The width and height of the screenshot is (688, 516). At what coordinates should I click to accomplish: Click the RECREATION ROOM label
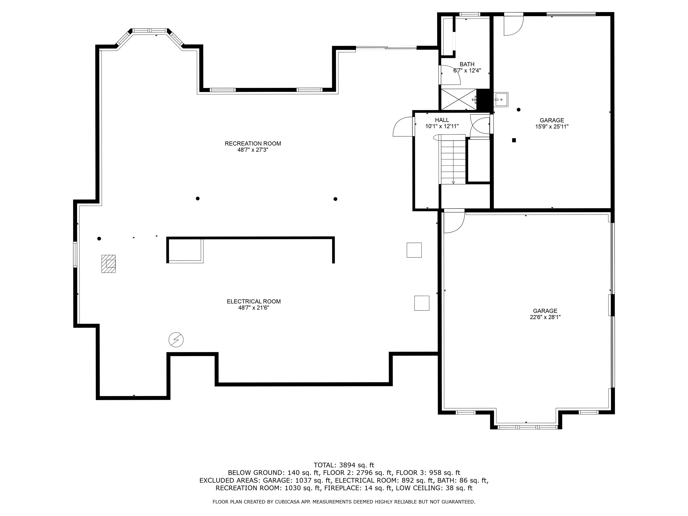(253, 143)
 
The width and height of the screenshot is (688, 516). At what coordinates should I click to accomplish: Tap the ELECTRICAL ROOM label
(254, 301)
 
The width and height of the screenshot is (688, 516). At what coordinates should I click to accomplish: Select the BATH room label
(467, 64)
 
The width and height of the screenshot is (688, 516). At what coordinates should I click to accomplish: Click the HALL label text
(442, 120)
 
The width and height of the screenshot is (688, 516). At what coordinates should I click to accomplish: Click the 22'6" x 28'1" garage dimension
(545, 317)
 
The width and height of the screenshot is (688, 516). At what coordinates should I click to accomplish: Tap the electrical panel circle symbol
(176, 340)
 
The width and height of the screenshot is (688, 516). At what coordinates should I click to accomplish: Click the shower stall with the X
(459, 99)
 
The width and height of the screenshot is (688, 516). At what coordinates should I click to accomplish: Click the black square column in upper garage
(514, 140)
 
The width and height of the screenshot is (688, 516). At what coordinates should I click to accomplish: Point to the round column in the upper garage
(518, 110)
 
